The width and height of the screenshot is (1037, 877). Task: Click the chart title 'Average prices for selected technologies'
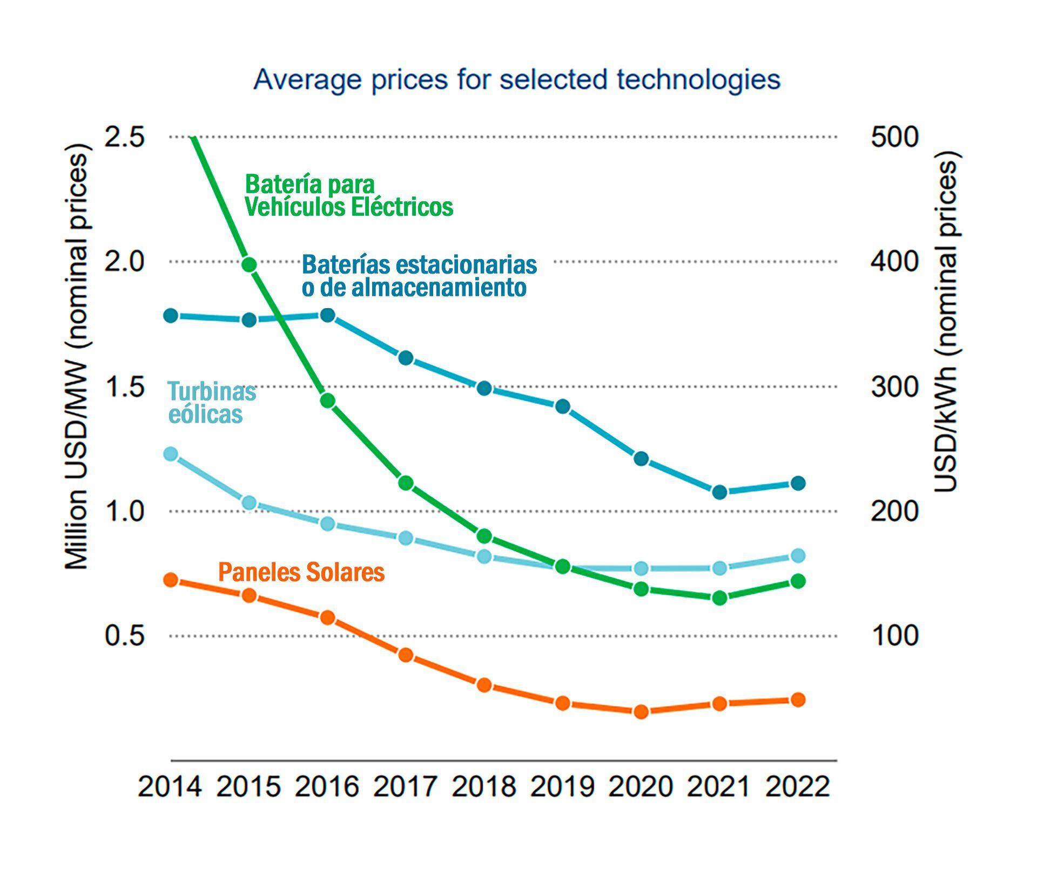pyautogui.click(x=517, y=80)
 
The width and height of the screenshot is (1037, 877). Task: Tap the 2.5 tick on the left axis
pyautogui.click(x=125, y=137)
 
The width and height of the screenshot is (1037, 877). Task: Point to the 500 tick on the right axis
pyautogui.click(x=894, y=137)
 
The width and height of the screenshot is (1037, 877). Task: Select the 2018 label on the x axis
pyautogui.click(x=484, y=786)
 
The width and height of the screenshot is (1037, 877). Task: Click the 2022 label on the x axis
pyautogui.click(x=798, y=786)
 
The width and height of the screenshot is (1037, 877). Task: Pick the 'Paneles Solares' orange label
pyautogui.click(x=301, y=572)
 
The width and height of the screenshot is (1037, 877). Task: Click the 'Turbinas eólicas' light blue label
pyautogui.click(x=211, y=403)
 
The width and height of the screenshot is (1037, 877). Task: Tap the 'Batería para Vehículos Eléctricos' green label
pyautogui.click(x=348, y=195)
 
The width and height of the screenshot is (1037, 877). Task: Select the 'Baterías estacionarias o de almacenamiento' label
pyautogui.click(x=419, y=275)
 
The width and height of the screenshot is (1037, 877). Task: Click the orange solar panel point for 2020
pyautogui.click(x=641, y=712)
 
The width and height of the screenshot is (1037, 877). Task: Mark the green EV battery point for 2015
pyautogui.click(x=249, y=264)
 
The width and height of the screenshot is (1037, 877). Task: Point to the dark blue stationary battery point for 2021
pyautogui.click(x=719, y=492)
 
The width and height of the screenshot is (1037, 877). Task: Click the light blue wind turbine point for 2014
pyautogui.click(x=171, y=454)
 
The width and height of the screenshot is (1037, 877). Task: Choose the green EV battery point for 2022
pyautogui.click(x=798, y=581)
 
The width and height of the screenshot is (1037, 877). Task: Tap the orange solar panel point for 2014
pyautogui.click(x=171, y=580)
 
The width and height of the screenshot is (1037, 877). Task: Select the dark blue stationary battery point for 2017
pyautogui.click(x=406, y=358)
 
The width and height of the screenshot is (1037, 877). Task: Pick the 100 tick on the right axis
pyautogui.click(x=894, y=636)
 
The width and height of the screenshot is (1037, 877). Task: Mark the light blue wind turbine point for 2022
pyautogui.click(x=798, y=556)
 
